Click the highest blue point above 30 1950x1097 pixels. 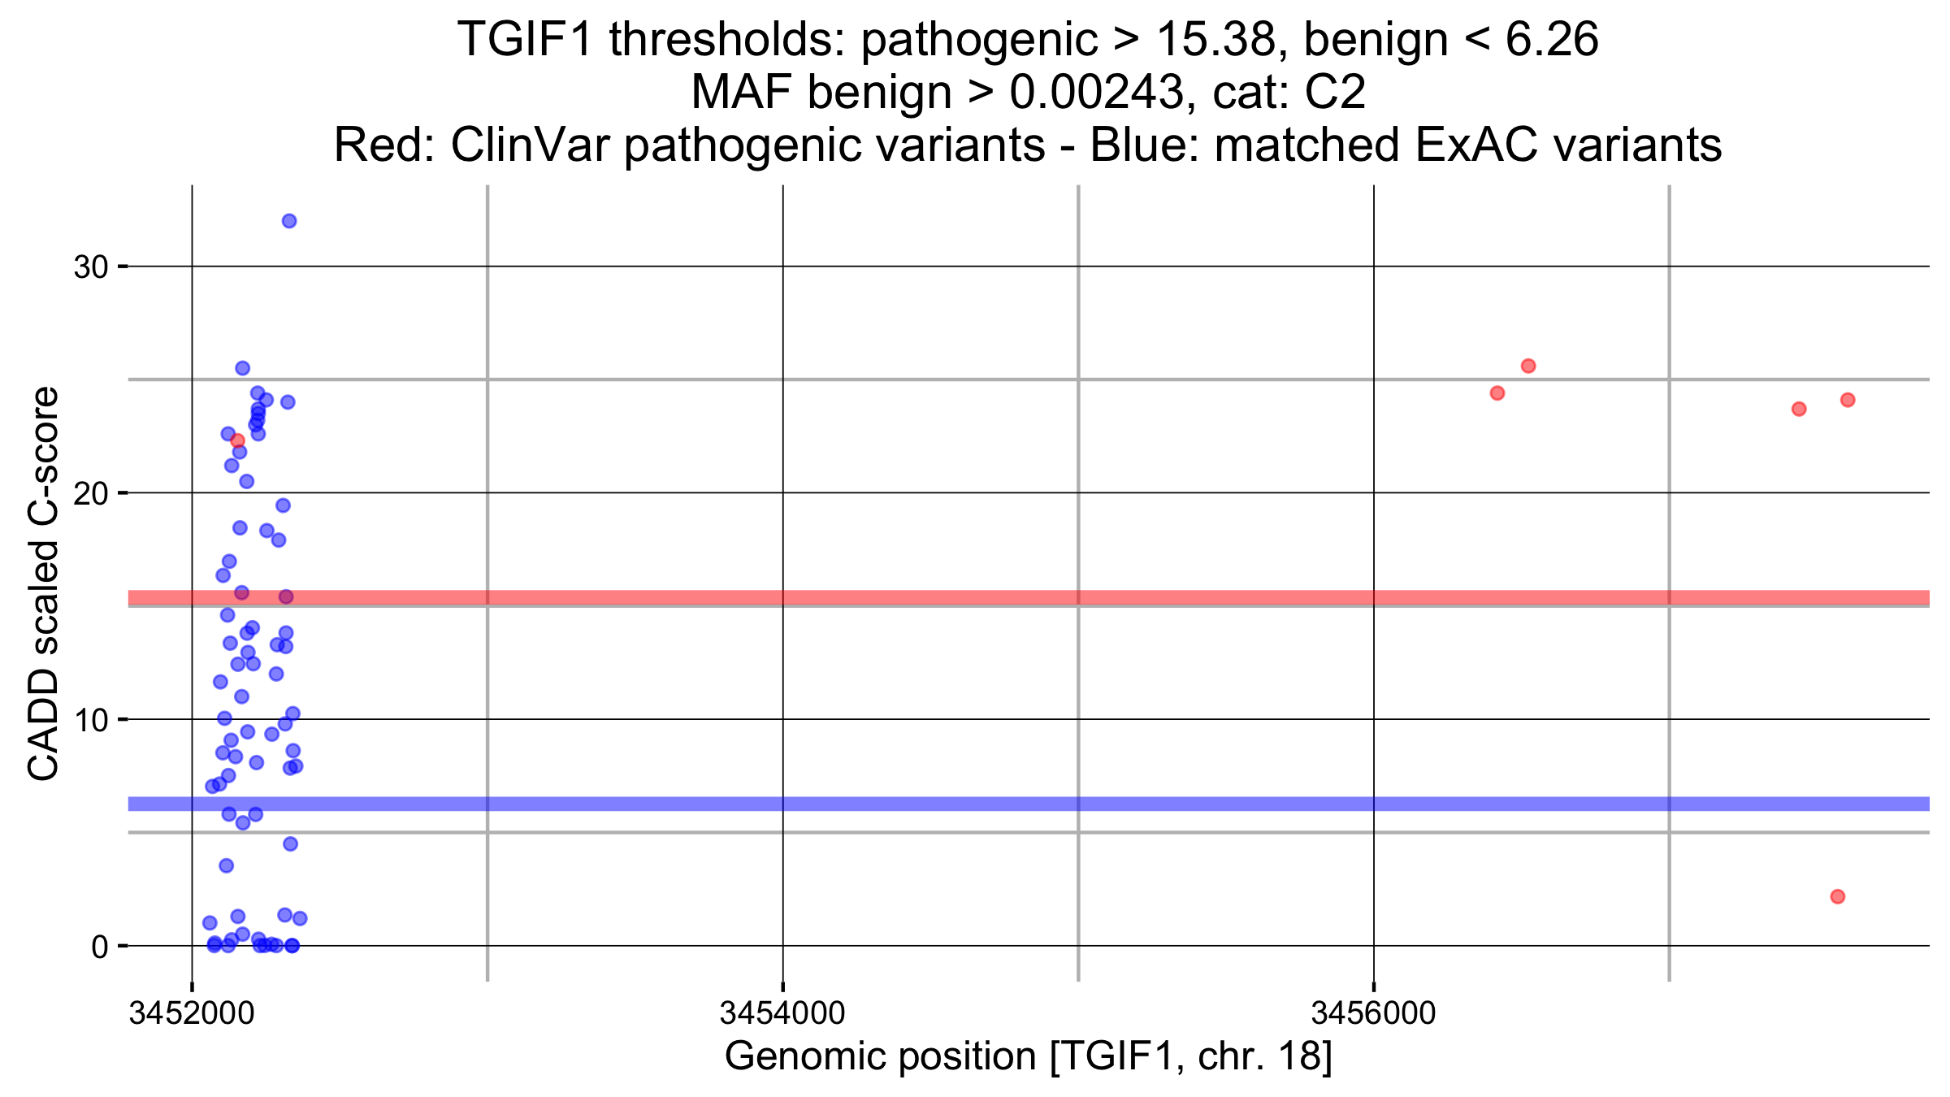click(289, 221)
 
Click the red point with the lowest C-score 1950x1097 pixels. click(1838, 896)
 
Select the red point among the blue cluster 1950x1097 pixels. click(237, 440)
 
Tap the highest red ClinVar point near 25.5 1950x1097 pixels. click(1528, 366)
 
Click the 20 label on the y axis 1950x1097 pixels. click(91, 493)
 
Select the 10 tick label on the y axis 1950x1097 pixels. click(91, 720)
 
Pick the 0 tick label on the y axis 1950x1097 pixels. click(100, 947)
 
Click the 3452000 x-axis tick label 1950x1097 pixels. click(192, 1013)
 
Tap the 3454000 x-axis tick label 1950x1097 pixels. click(782, 1013)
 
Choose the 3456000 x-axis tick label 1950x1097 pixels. click(1374, 1013)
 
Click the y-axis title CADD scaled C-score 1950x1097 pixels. click(44, 583)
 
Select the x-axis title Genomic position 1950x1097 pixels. click(1028, 1056)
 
